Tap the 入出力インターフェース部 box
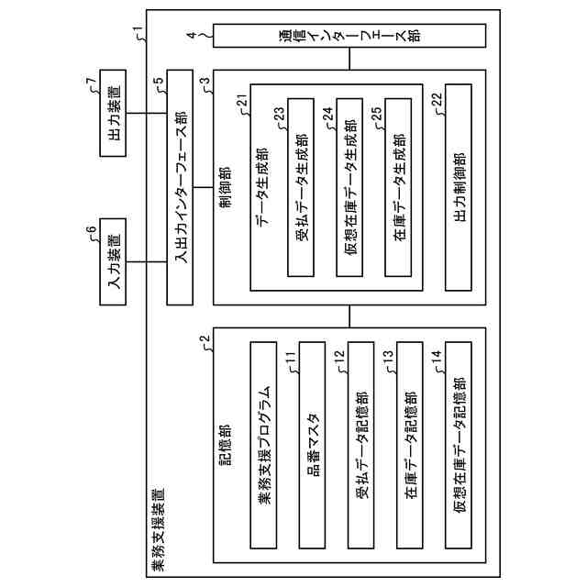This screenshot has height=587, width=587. tap(179, 190)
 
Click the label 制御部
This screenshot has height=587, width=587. tap(226, 189)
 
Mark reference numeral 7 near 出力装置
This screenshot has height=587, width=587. tap(90, 84)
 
